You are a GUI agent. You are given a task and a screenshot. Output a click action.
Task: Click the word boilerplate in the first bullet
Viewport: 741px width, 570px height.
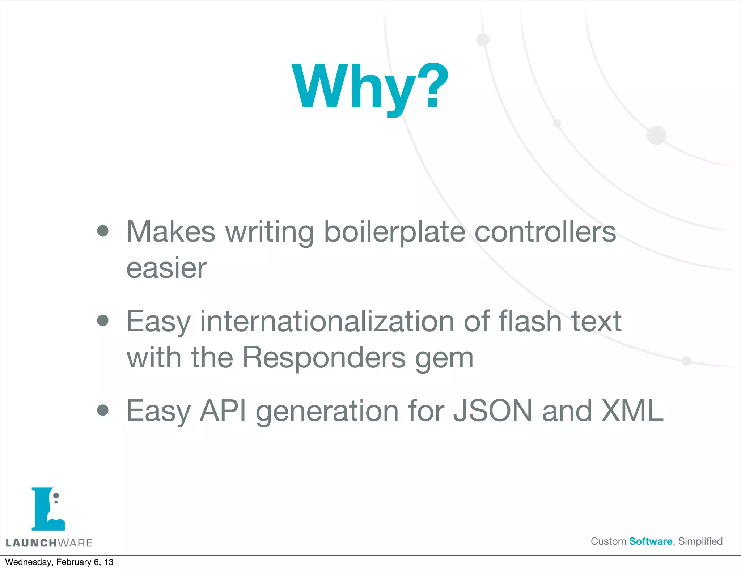point(394,232)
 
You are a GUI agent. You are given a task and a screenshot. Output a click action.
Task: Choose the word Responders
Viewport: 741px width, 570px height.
point(324,357)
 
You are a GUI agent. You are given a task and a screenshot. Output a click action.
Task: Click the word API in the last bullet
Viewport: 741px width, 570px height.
point(223,411)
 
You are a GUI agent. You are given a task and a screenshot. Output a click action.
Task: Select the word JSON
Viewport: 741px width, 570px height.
point(493,411)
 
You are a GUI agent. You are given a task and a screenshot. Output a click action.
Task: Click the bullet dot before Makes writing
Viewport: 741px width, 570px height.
point(103,231)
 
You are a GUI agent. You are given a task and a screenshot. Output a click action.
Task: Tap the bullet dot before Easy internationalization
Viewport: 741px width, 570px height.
point(103,320)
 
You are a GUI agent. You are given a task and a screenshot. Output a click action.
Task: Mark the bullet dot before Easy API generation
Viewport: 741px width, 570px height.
point(103,410)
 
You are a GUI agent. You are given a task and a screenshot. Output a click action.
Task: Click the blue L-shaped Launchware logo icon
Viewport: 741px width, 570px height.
point(47,509)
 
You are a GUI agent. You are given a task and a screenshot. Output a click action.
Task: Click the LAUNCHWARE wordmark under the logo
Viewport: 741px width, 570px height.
point(49,543)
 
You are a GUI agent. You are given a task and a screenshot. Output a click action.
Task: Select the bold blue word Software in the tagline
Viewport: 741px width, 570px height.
point(651,541)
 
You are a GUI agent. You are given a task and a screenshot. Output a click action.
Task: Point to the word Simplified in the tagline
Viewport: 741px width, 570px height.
point(700,541)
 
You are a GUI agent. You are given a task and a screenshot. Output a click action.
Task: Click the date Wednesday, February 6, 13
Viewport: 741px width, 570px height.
point(59,562)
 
